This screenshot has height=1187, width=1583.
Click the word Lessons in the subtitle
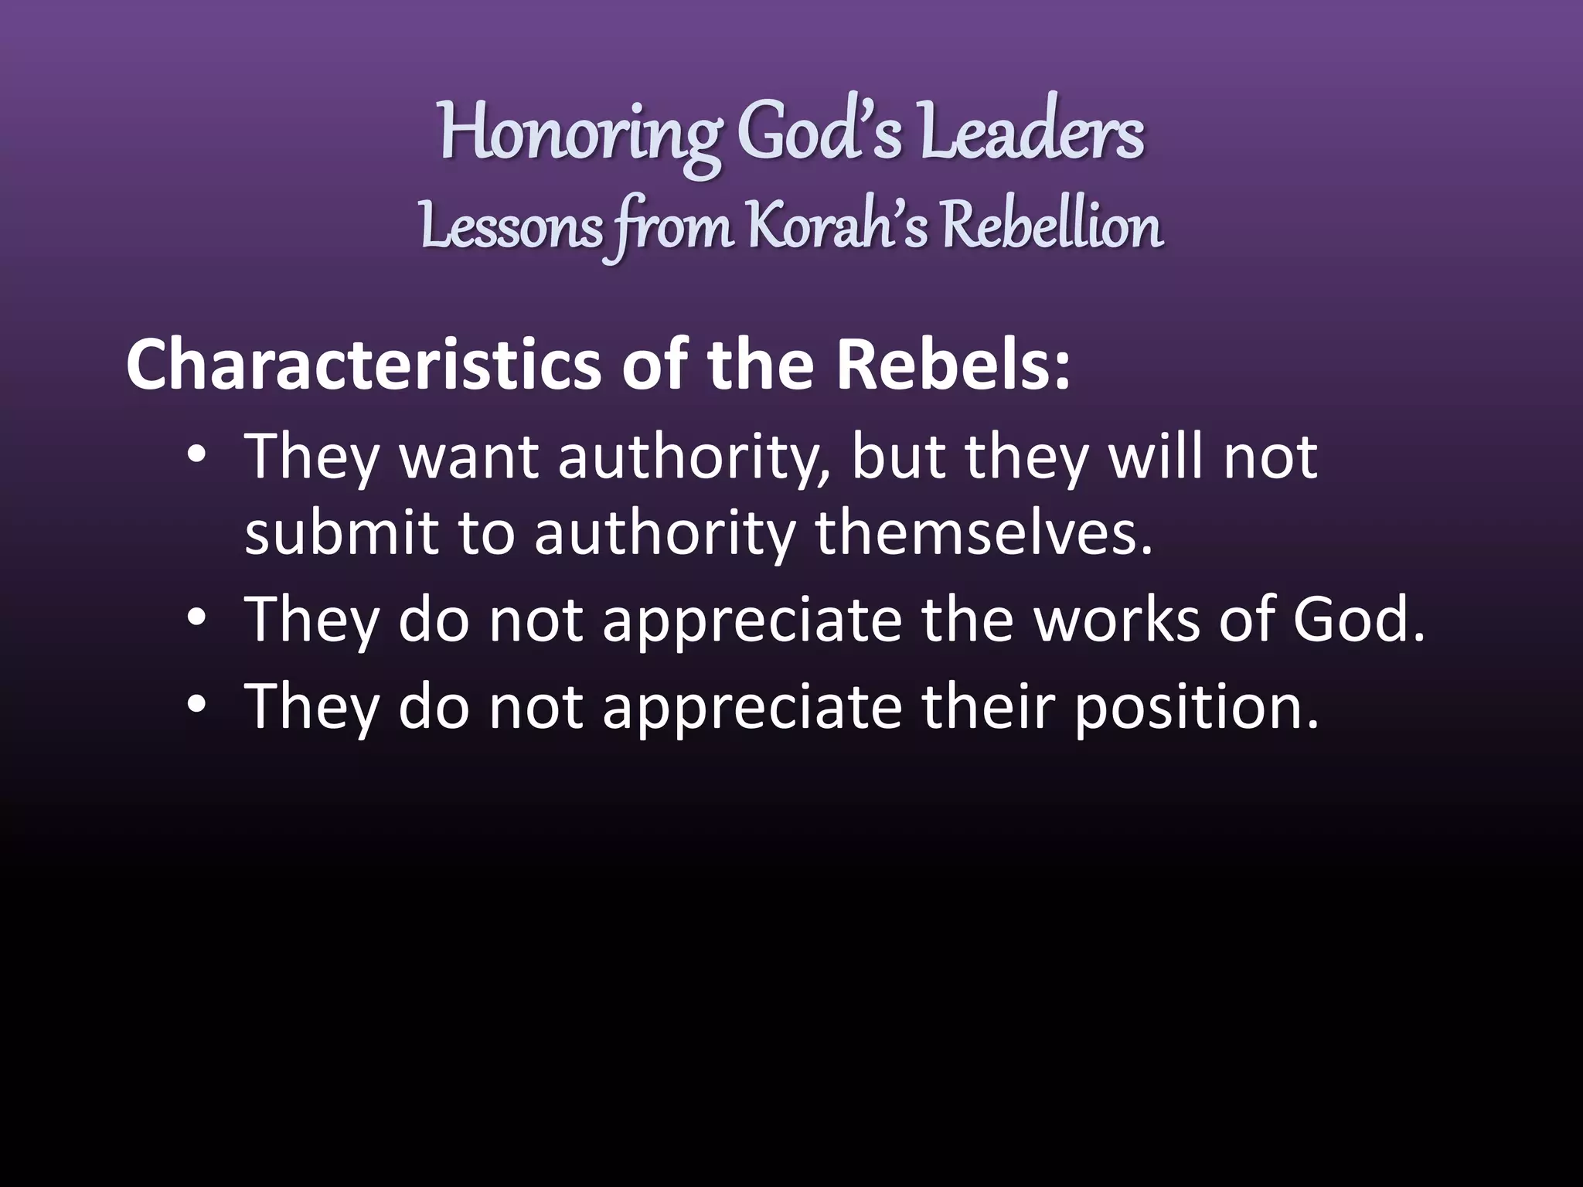(512, 227)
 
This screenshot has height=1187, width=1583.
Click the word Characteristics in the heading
(363, 366)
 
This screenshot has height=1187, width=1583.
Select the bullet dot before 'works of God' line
(197, 620)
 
